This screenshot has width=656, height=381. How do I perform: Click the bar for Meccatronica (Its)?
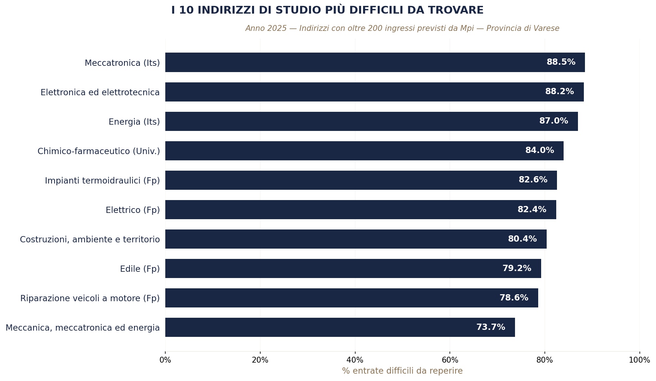pyautogui.click(x=375, y=63)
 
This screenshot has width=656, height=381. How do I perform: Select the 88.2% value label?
pyautogui.click(x=559, y=92)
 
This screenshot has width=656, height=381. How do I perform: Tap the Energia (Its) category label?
pyautogui.click(x=134, y=122)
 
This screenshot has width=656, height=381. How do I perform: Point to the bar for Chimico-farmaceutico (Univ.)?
pyautogui.click(x=364, y=151)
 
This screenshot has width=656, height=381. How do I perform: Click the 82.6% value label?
pyautogui.click(x=533, y=180)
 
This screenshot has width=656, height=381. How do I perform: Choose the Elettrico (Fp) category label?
pyautogui.click(x=133, y=210)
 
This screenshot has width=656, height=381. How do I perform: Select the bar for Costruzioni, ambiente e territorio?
pyautogui.click(x=356, y=239)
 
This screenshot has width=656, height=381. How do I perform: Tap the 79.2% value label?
pyautogui.click(x=516, y=268)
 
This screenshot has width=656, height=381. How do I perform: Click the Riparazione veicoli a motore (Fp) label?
pyautogui.click(x=90, y=298)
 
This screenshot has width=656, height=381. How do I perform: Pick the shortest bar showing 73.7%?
pyautogui.click(x=340, y=327)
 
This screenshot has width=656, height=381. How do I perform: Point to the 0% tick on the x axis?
pyautogui.click(x=165, y=360)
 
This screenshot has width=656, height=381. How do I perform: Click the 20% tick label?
pyautogui.click(x=260, y=360)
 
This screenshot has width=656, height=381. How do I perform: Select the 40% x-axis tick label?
pyautogui.click(x=355, y=360)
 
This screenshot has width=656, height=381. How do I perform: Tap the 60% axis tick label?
pyautogui.click(x=450, y=360)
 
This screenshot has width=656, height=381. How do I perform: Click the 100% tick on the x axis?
pyautogui.click(x=639, y=360)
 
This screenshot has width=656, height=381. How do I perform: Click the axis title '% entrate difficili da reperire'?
pyautogui.click(x=402, y=371)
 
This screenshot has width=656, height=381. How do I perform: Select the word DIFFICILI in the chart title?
pyautogui.click(x=368, y=10)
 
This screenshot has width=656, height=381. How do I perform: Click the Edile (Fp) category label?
pyautogui.click(x=140, y=269)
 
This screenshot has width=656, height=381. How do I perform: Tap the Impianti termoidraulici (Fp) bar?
pyautogui.click(x=361, y=180)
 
